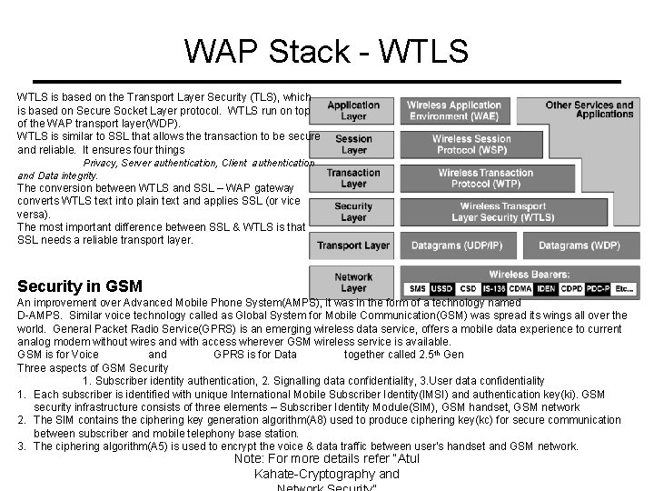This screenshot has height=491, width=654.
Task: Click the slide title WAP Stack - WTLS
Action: click(x=326, y=51)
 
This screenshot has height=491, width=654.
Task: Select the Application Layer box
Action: click(x=353, y=111)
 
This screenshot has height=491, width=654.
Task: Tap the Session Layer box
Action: click(x=353, y=145)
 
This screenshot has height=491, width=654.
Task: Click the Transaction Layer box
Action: click(x=353, y=178)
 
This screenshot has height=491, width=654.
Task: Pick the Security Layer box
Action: click(x=353, y=212)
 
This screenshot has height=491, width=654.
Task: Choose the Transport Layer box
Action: click(x=353, y=245)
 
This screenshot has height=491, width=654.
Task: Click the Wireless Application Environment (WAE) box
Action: click(x=454, y=111)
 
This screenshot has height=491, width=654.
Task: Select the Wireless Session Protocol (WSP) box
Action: click(x=471, y=145)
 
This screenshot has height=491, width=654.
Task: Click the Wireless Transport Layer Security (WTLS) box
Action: click(x=502, y=212)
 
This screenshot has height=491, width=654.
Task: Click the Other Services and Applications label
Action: click(x=589, y=109)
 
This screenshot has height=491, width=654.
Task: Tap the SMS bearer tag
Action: click(x=417, y=289)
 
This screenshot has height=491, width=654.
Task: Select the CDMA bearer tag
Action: click(x=520, y=289)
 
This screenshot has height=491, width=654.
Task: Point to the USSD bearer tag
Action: click(x=441, y=289)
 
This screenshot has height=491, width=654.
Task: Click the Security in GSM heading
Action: click(x=79, y=286)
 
